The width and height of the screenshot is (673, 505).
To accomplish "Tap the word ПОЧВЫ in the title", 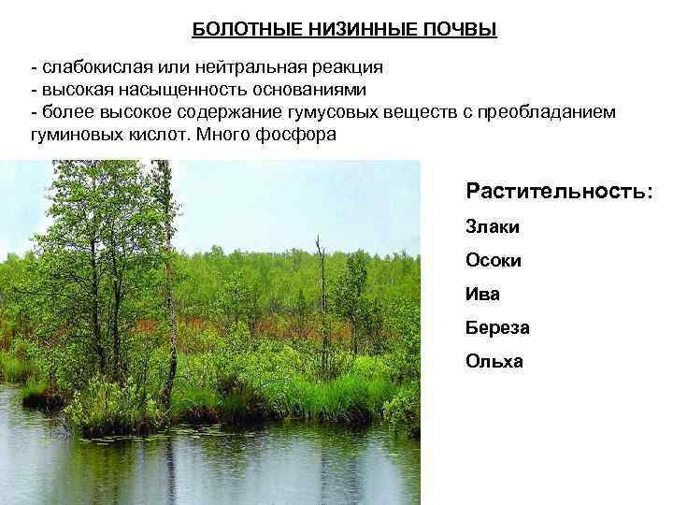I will click(453, 30).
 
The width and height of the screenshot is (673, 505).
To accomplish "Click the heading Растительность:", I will click(559, 191).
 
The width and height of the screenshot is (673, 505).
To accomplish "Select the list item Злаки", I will click(493, 226).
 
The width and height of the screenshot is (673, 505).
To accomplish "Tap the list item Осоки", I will click(494, 260).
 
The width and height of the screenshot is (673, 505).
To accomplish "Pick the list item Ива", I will click(482, 294).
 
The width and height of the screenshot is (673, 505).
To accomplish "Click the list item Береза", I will click(497, 327).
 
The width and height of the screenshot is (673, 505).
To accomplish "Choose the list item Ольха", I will click(494, 361).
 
